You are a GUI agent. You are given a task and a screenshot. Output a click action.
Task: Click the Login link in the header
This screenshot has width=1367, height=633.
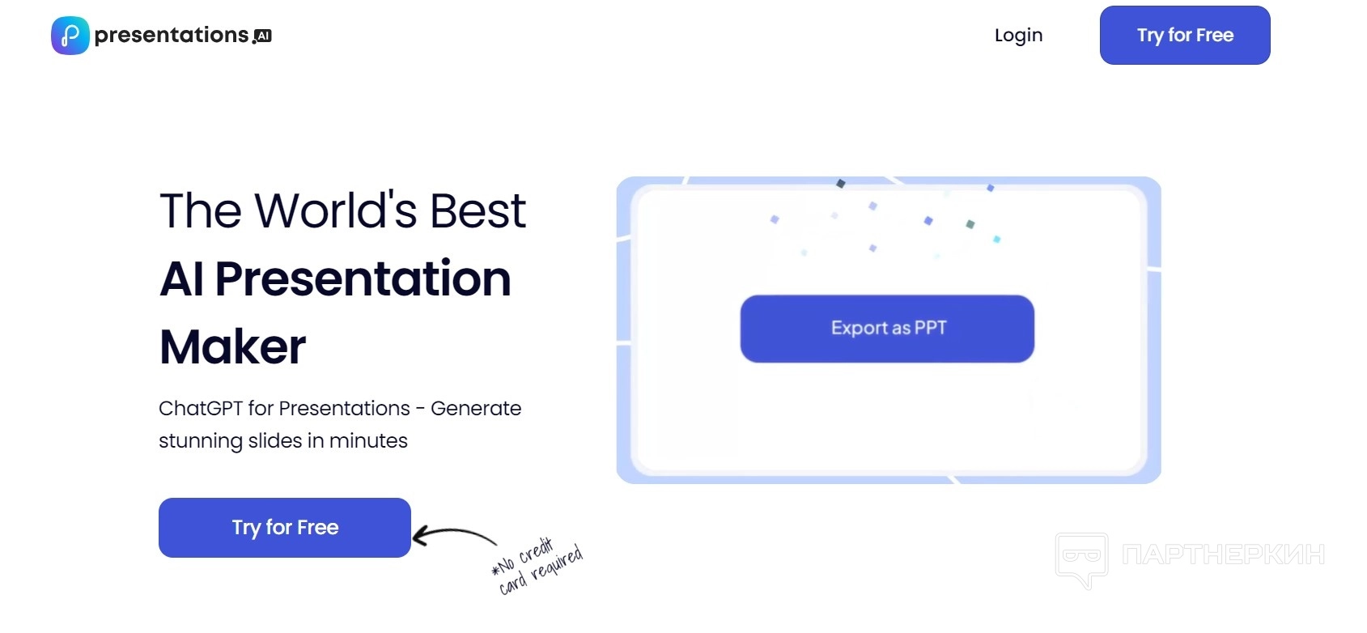1018,36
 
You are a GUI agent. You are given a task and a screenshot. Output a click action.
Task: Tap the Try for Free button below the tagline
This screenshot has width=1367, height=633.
284,528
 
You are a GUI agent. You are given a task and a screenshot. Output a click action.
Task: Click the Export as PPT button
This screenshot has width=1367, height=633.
887,329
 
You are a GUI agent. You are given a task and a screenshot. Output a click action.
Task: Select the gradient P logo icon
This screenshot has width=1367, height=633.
70,36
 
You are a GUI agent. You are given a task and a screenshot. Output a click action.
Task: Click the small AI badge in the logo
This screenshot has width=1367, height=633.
263,36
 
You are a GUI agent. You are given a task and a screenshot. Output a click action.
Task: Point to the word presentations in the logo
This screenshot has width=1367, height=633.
172,36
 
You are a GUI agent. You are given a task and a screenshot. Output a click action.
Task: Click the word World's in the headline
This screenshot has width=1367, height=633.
335,210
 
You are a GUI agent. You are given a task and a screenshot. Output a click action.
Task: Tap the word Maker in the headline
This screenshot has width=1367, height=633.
232,346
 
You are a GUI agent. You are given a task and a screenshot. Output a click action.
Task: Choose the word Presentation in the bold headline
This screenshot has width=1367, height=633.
363,279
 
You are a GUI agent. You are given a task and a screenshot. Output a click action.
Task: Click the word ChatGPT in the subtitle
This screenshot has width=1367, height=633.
201,408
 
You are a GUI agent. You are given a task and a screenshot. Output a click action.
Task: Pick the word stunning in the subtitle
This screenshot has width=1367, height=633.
200,441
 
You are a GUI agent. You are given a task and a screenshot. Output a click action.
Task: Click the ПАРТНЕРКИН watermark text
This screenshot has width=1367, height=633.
1223,554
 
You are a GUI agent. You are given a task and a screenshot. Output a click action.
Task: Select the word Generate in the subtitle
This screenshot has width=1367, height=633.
476,408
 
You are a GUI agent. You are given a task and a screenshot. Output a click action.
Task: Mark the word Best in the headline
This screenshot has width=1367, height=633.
478,210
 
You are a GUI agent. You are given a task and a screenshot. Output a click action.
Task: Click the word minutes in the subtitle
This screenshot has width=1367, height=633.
368,440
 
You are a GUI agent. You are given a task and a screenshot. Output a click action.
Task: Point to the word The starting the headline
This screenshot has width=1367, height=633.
200,210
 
